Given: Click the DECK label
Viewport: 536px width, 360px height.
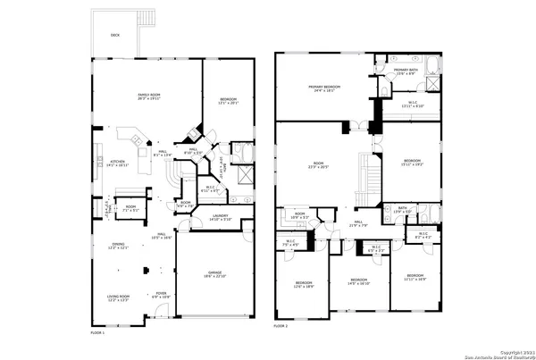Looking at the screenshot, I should pos(114,36).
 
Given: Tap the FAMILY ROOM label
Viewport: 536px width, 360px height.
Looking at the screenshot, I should pos(147,96).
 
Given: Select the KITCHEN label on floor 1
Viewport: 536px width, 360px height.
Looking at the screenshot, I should pos(118,162).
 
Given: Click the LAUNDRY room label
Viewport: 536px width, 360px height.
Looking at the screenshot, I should pos(219,216).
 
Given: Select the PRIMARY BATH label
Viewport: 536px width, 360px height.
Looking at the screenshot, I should pos(406,70).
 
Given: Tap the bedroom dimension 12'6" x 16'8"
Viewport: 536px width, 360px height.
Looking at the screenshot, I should pos(304,287).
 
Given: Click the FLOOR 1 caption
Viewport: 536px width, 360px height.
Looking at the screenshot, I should pos(98,331).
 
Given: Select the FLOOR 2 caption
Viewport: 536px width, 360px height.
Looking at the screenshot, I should pos(281,327).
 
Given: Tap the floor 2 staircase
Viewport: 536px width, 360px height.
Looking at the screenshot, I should pos(364,178).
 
